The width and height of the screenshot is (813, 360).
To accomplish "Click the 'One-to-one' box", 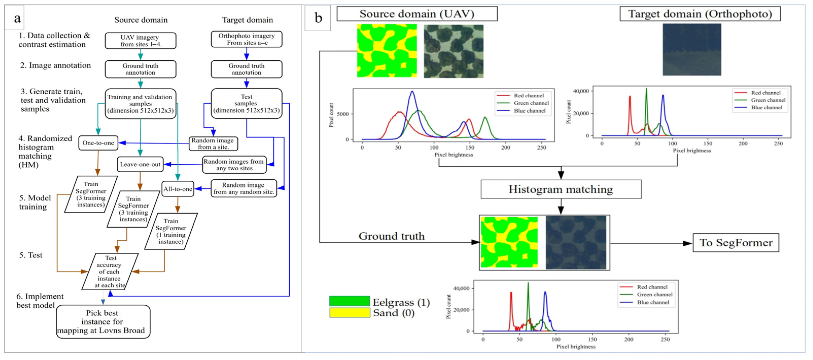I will [98, 143].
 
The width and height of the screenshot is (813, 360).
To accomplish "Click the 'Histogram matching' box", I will [561, 190].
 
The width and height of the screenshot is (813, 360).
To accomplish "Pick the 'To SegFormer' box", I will [736, 243].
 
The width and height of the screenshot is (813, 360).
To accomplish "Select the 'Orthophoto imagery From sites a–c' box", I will [246, 39].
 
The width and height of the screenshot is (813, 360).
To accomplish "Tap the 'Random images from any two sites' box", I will [234, 165].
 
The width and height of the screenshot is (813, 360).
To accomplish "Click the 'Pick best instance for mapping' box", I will [103, 322].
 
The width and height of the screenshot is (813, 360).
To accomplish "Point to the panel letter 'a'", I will [17, 18].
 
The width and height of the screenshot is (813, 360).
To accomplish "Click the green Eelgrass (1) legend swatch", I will [349, 301].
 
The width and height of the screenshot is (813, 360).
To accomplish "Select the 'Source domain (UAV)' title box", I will [417, 14].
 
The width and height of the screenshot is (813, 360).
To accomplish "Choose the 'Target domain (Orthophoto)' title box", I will [700, 14].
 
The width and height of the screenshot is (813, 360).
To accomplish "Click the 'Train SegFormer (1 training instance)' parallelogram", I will [171, 231].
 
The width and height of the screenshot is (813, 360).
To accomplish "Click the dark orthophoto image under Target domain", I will [692, 49].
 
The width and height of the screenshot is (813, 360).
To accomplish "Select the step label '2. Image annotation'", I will [56, 65].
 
